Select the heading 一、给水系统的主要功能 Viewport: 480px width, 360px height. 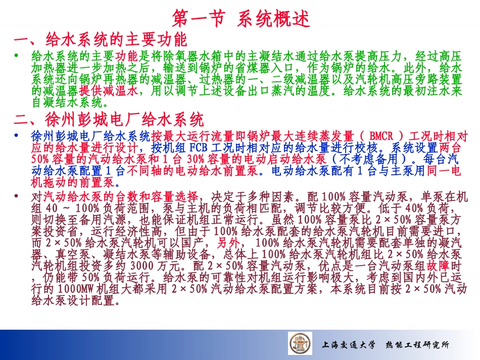(x=101, y=39)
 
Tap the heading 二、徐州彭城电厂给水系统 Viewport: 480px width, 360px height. (x=109, y=120)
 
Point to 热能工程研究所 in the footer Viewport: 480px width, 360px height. (x=417, y=345)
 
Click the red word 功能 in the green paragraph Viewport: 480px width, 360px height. (x=127, y=56)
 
